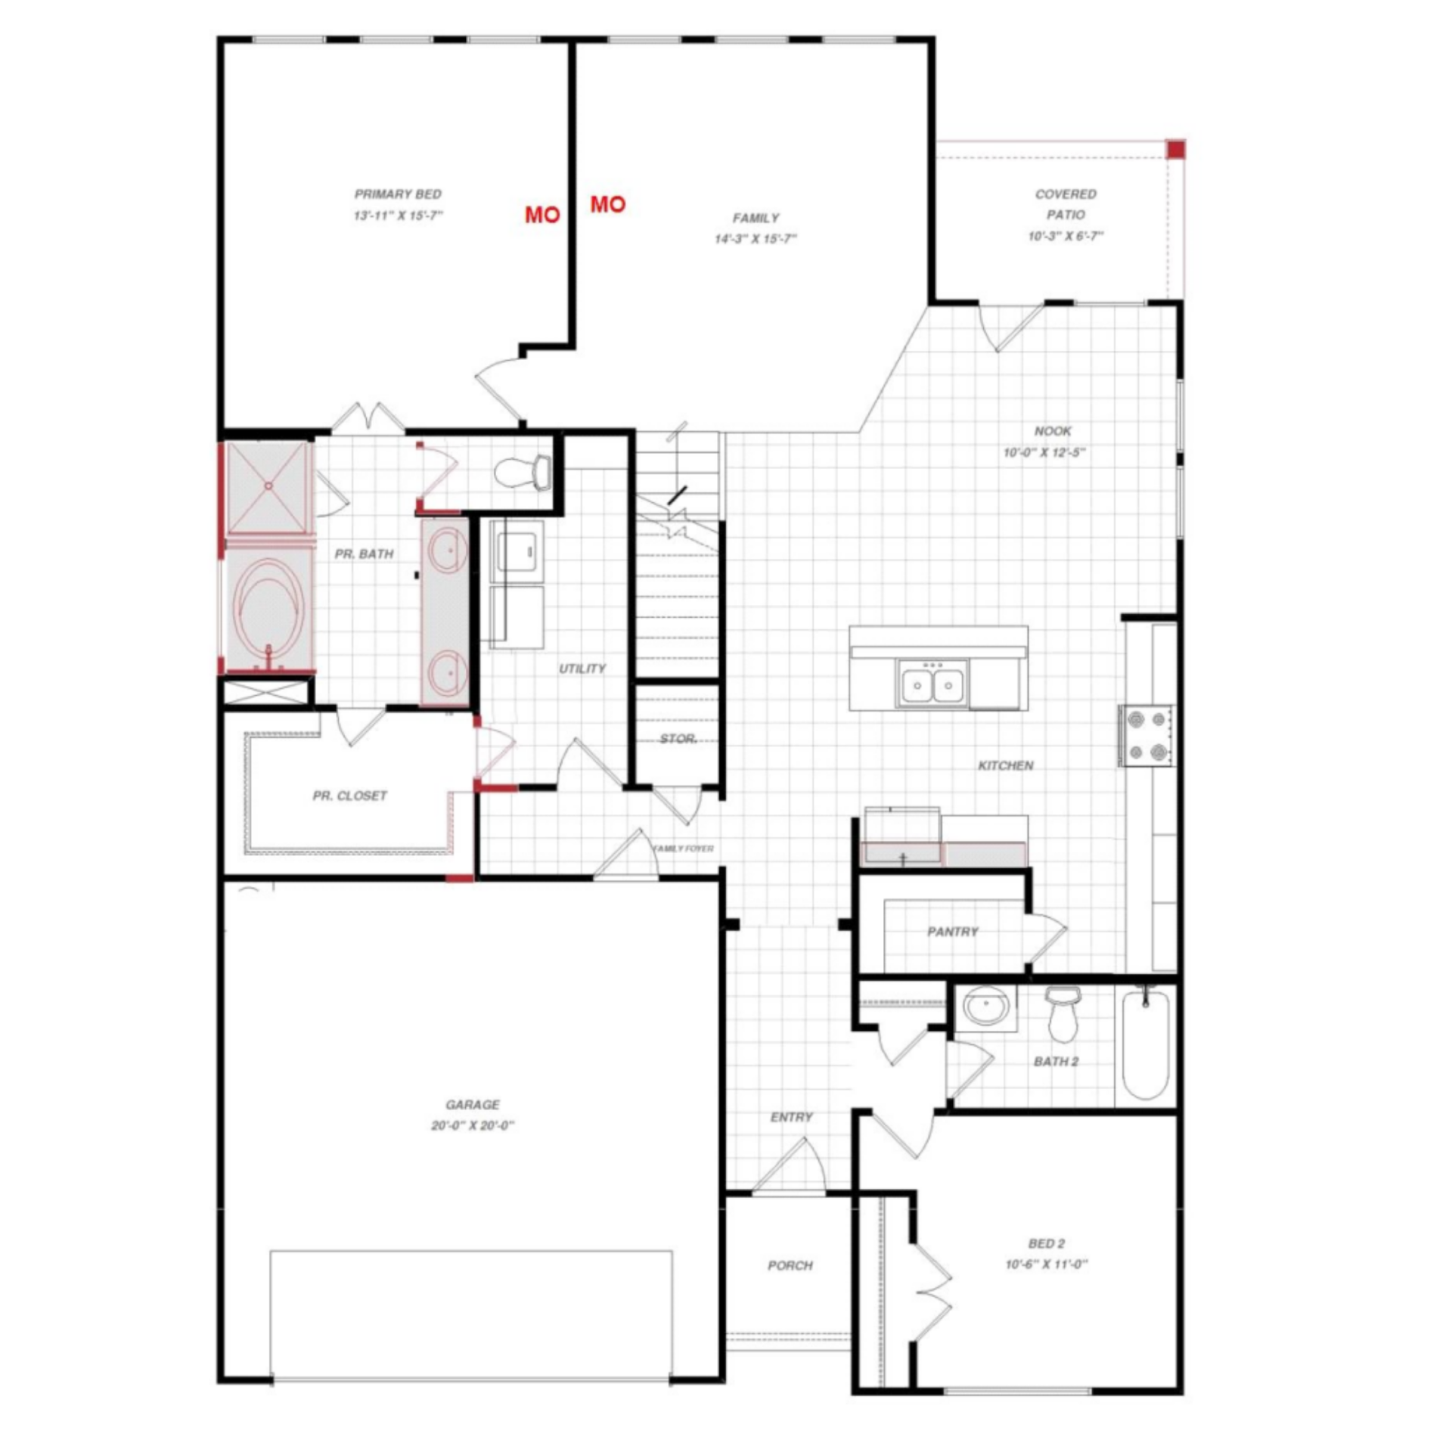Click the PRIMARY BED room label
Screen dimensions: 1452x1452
click(x=398, y=194)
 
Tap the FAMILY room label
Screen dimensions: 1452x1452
click(x=755, y=218)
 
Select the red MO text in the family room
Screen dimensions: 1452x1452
click(x=608, y=204)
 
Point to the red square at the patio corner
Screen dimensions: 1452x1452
click(x=1175, y=150)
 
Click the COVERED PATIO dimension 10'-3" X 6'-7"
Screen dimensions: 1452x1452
click(x=1066, y=237)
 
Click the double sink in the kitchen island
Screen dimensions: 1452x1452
click(x=933, y=684)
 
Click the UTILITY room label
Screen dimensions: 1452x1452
click(x=582, y=669)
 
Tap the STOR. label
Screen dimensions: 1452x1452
click(x=678, y=739)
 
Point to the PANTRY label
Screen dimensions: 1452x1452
click(x=953, y=932)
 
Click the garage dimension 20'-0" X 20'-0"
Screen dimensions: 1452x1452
click(x=473, y=1125)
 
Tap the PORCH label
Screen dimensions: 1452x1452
click(x=790, y=1265)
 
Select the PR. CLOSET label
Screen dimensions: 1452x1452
click(x=349, y=796)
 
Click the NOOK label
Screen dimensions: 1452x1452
click(x=1053, y=431)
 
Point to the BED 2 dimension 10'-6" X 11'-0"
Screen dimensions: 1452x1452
click(x=1047, y=1264)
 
